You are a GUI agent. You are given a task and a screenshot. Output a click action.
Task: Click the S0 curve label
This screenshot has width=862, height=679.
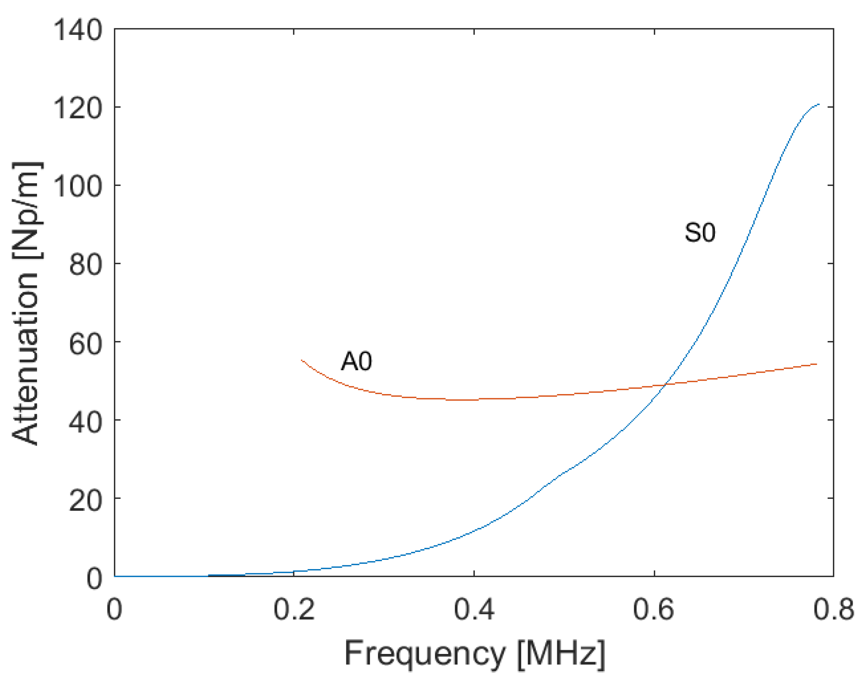(699, 233)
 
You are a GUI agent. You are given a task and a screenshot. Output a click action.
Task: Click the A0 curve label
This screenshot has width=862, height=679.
(357, 362)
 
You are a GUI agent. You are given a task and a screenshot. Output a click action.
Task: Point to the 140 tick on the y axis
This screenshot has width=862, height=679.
(77, 30)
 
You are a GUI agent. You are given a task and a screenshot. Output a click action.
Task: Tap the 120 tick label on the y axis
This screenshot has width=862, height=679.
(77, 108)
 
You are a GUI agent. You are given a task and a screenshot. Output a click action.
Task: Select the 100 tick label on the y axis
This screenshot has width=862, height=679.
(77, 186)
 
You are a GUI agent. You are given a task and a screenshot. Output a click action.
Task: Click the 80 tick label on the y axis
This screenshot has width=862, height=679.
(85, 264)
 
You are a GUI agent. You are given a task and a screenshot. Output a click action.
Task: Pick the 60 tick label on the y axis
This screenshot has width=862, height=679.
(85, 343)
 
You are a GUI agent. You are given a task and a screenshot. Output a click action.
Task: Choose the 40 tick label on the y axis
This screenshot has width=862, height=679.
(85, 421)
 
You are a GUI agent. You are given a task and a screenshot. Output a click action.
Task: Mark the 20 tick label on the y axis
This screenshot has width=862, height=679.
(85, 499)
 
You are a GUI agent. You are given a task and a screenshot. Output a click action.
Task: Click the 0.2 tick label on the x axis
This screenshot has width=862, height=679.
(294, 610)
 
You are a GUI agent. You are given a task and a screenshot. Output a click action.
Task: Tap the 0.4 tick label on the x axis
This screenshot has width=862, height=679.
(474, 610)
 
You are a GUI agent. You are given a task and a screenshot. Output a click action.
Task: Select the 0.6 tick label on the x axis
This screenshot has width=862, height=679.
(654, 610)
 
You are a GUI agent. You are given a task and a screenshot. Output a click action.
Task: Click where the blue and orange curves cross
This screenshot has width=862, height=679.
(665, 384)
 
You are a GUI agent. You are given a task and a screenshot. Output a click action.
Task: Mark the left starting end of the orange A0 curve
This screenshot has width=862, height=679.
(302, 360)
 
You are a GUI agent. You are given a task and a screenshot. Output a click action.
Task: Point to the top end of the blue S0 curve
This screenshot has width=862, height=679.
(818, 104)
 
